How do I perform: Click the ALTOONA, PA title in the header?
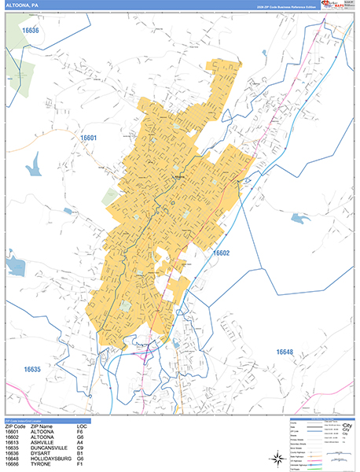pyautogui.click(x=23, y=5)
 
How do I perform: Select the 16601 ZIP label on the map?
pyautogui.click(x=88, y=138)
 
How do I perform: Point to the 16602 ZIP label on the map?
pyautogui.click(x=221, y=253)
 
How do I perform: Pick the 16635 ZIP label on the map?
pyautogui.click(x=32, y=369)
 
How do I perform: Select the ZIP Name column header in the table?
pyautogui.click(x=44, y=425)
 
